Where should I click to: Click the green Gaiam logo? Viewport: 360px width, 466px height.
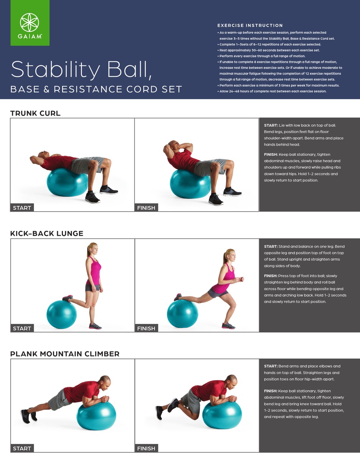pyautogui.click(x=30, y=23)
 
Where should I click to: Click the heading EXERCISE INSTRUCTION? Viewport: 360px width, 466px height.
pyautogui.click(x=250, y=25)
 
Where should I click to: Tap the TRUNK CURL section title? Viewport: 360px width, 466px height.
pyautogui.click(x=35, y=113)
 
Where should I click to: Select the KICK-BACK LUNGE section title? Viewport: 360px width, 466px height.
pyautogui.click(x=47, y=234)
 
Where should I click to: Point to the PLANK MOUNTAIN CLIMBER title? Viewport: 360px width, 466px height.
pyautogui.click(x=65, y=354)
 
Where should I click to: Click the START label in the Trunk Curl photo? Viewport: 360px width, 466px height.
pyautogui.click(x=22, y=208)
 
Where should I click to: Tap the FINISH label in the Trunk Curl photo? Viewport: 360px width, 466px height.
pyautogui.click(x=146, y=208)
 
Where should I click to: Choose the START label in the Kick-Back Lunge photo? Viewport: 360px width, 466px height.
pyautogui.click(x=22, y=328)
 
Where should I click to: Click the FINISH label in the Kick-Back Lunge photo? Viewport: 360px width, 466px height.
pyautogui.click(x=146, y=328)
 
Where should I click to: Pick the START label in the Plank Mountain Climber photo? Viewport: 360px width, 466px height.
pyautogui.click(x=22, y=449)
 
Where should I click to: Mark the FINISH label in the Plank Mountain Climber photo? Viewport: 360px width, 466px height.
pyautogui.click(x=146, y=449)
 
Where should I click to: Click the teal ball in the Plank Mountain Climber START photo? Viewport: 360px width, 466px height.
pyautogui.click(x=96, y=415)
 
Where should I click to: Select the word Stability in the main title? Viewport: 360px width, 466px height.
pyautogui.click(x=56, y=70)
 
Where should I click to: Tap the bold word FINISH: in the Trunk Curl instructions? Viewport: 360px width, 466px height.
pyautogui.click(x=271, y=154)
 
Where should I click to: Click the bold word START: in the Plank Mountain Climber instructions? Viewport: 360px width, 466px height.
pyautogui.click(x=271, y=366)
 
